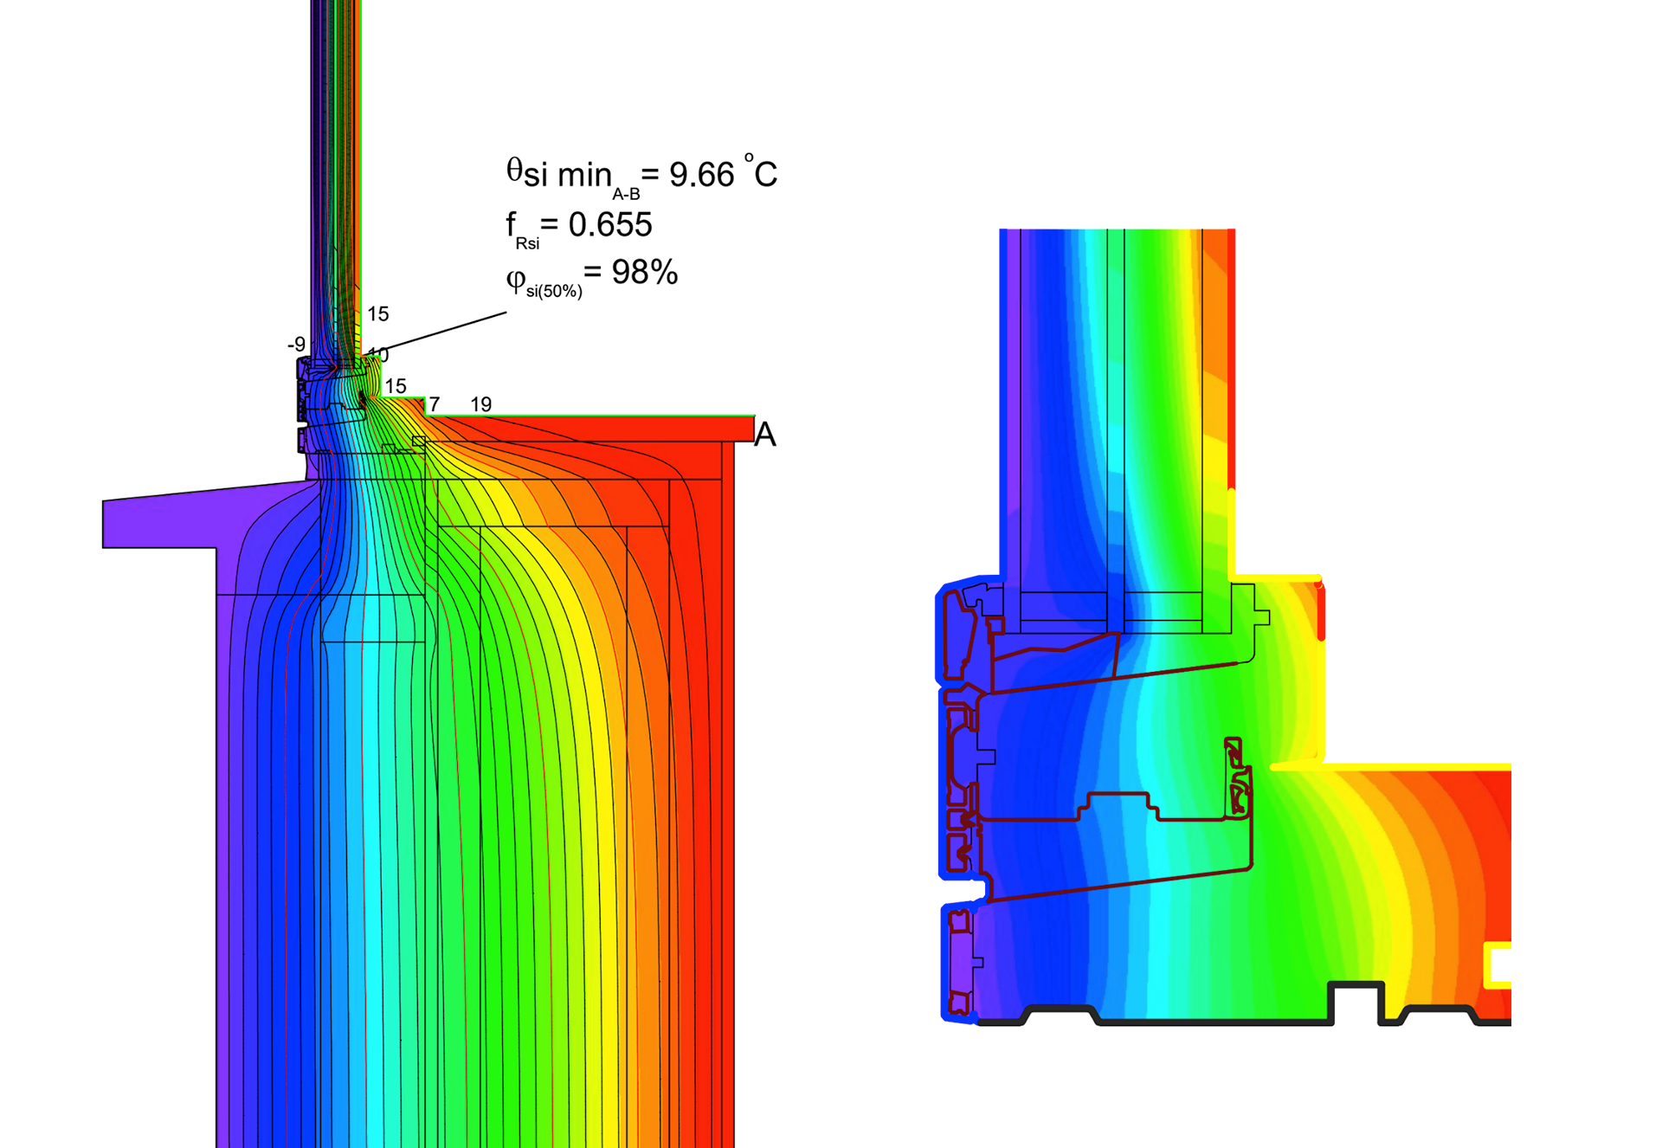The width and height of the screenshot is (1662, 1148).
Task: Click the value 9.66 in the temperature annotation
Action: (x=702, y=175)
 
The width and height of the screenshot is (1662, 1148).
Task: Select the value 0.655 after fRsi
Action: (x=609, y=225)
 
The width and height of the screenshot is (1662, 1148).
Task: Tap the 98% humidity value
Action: (x=644, y=273)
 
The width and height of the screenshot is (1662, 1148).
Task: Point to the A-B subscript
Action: (x=626, y=195)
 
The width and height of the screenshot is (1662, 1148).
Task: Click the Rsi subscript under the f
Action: (x=527, y=243)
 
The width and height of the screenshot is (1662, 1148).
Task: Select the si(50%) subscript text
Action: (x=554, y=292)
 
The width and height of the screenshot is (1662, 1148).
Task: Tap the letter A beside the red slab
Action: (x=764, y=435)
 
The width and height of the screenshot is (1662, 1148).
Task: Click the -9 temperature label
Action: (x=296, y=345)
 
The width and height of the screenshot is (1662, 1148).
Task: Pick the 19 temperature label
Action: (x=480, y=404)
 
